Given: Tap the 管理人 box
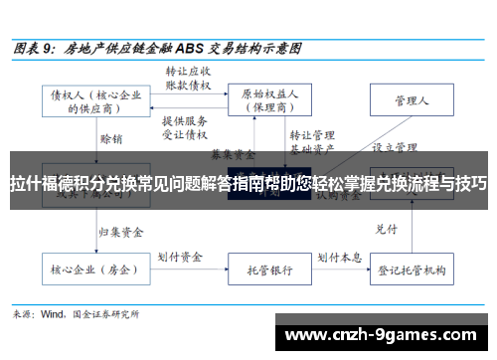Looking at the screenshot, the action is pos(411,99).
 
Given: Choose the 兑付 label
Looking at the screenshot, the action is pos(386,202).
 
